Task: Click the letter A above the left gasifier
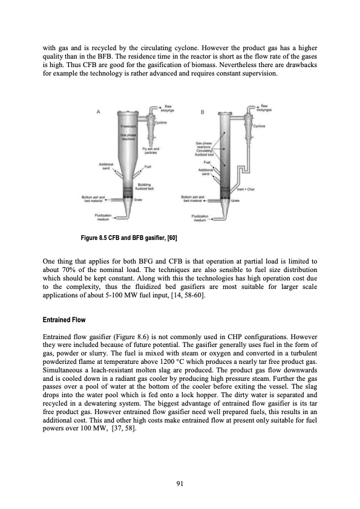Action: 97,111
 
